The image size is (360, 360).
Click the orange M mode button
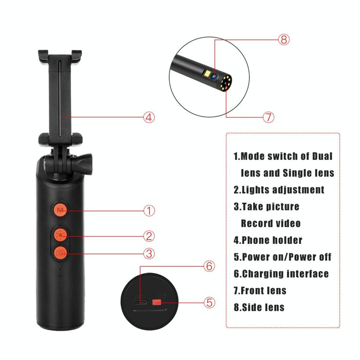tap(61, 210)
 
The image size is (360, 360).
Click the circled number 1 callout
tap(149, 210)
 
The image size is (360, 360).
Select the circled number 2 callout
tap(149, 236)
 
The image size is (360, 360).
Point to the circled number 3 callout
tap(149, 253)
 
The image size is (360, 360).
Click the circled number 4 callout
tap(148, 117)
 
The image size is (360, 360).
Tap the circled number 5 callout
tap(209, 302)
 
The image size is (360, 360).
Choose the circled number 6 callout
tap(209, 266)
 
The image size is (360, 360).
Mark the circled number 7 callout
tap(268, 116)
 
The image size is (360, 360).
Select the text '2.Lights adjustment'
tap(279, 190)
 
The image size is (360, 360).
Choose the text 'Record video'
tap(271, 224)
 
